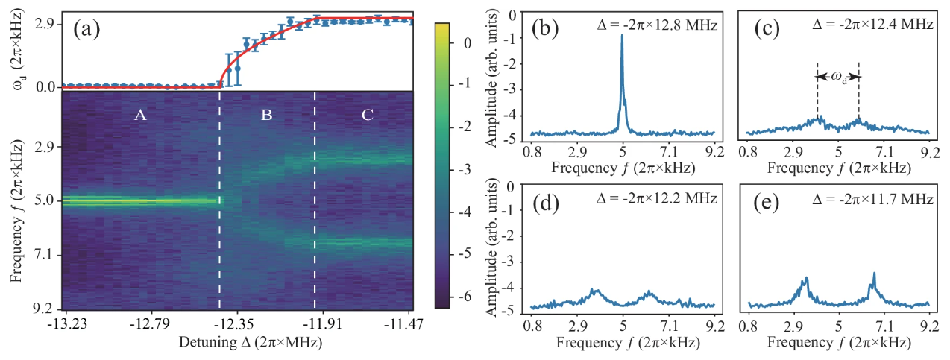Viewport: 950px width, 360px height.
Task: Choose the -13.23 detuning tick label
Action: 66,326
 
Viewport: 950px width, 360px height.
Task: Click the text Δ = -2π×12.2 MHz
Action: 658,198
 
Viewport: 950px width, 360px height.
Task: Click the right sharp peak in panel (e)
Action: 873,274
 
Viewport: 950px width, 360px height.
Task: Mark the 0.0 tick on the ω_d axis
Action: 43,87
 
